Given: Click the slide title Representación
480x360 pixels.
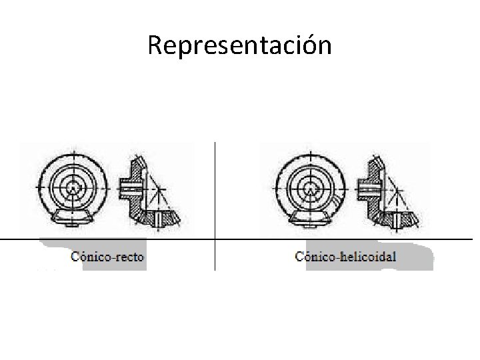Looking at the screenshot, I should [x=239, y=45].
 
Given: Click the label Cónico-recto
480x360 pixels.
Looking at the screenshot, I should [x=107, y=256].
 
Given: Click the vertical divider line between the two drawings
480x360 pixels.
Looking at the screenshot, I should [x=215, y=200].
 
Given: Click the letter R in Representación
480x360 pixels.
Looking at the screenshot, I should [x=155, y=45].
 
